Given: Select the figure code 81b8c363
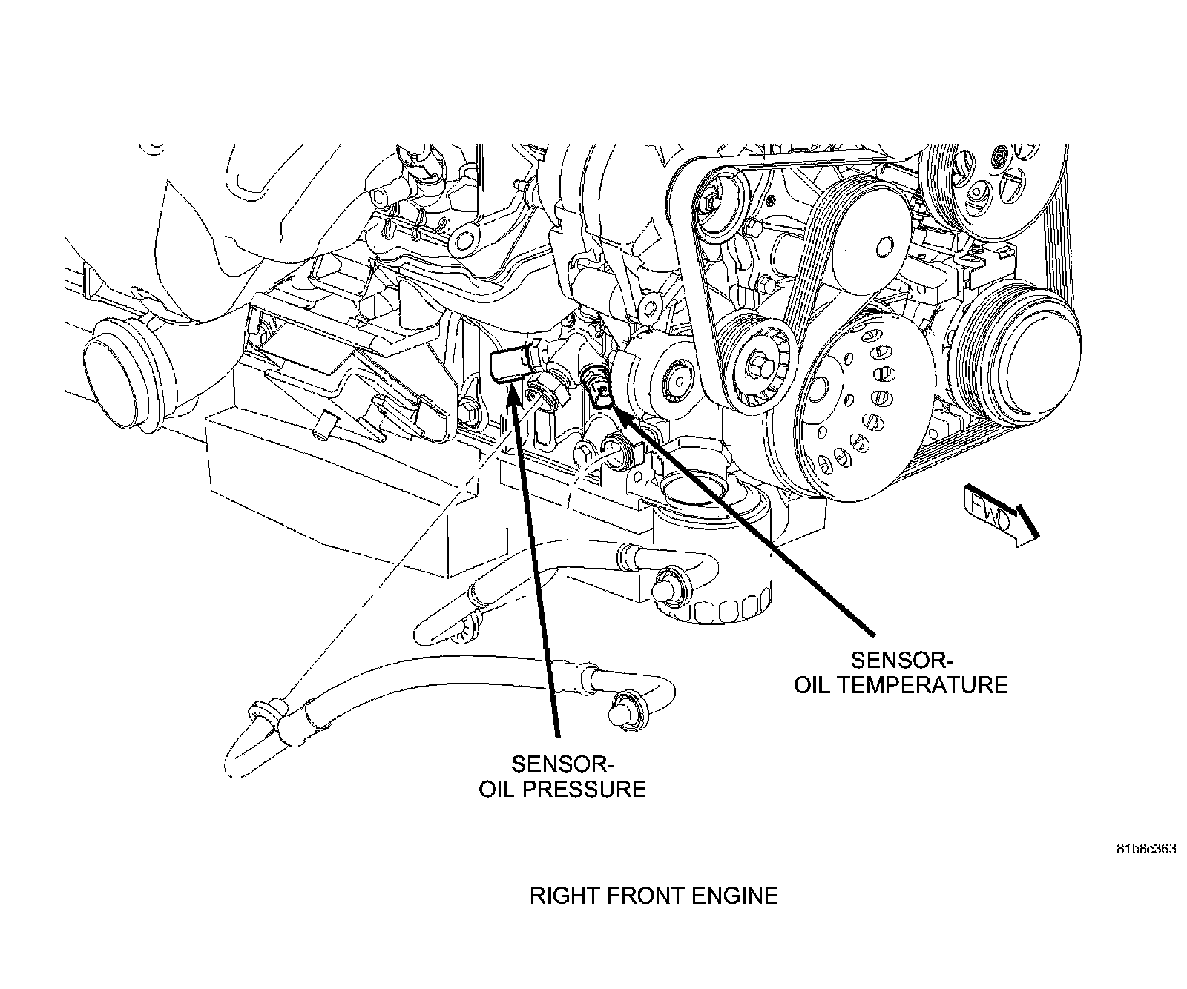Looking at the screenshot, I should (x=1145, y=850).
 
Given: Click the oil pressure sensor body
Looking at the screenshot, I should (x=510, y=365).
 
